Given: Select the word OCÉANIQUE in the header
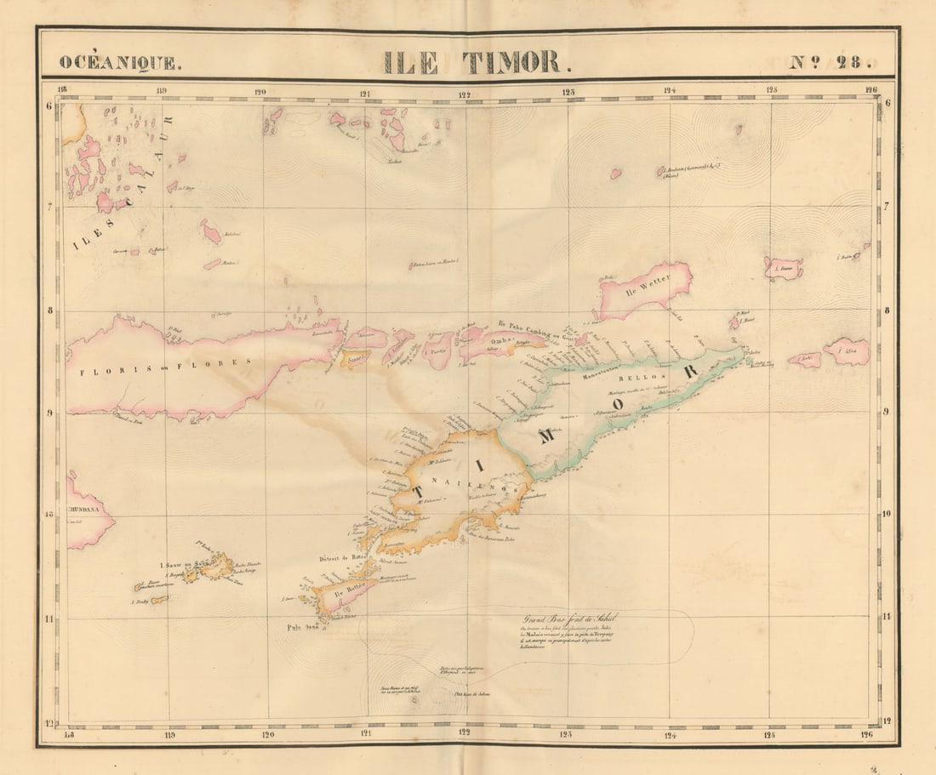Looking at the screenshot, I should click(x=119, y=63).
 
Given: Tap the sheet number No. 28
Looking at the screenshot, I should click(x=830, y=62).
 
